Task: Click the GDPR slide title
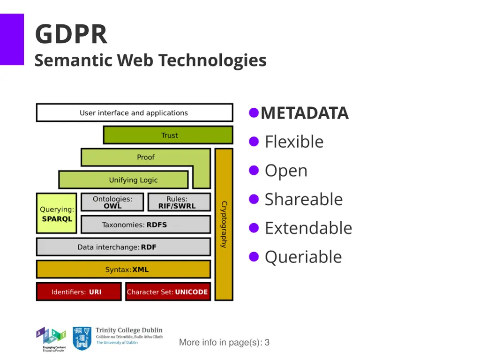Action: pos(71,34)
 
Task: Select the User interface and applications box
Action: pos(134,113)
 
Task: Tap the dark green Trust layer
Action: pos(169,135)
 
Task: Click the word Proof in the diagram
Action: pos(145,157)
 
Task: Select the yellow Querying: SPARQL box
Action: pos(56,214)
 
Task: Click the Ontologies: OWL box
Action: pos(112,202)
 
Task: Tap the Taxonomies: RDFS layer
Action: pos(145,225)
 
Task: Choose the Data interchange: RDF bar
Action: pos(123,247)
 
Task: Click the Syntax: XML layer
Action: pos(123,270)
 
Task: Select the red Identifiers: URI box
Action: pos(78,292)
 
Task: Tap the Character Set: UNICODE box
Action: pos(167,292)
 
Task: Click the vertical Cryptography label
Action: pos(224,225)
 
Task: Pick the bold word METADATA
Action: pos(305,113)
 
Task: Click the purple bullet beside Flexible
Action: pos(254,142)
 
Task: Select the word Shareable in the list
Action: pos(304,199)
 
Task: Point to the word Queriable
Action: pos(303,257)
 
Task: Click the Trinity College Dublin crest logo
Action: pos(82,338)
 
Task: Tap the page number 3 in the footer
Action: pos(267,343)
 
